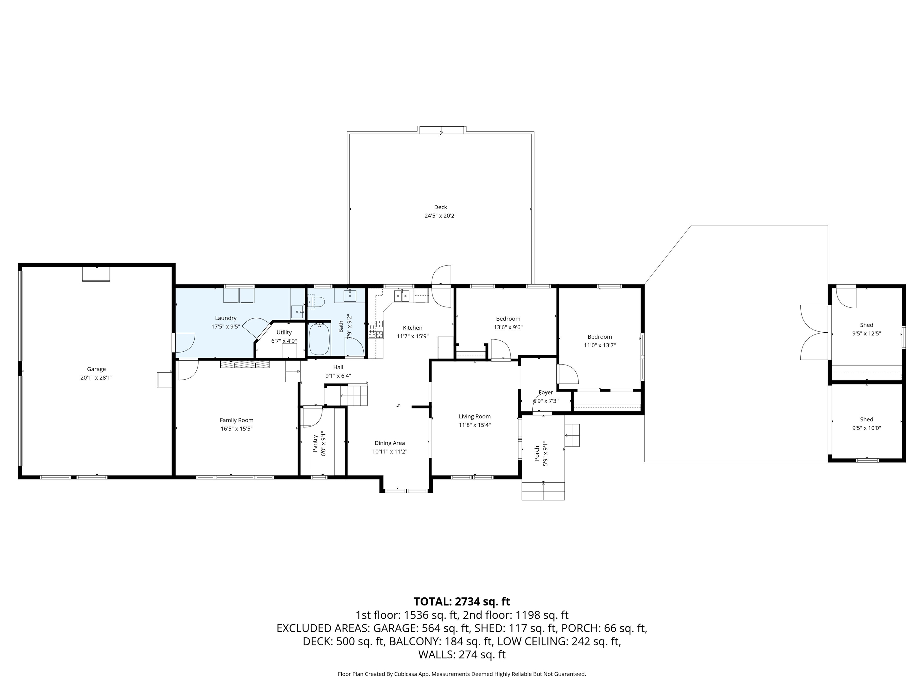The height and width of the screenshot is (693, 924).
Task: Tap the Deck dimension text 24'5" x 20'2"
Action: pos(440,216)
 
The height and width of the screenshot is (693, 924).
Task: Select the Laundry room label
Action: pos(226,318)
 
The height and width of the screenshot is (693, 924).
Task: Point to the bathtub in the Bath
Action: pos(319,338)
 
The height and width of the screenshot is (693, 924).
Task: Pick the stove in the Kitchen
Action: pos(376,329)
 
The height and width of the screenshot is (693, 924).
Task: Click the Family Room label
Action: pos(236,420)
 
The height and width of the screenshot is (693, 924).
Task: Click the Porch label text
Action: pos(537,454)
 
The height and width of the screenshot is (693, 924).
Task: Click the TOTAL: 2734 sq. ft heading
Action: pos(462,602)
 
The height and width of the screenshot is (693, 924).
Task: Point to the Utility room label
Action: pos(284,332)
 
